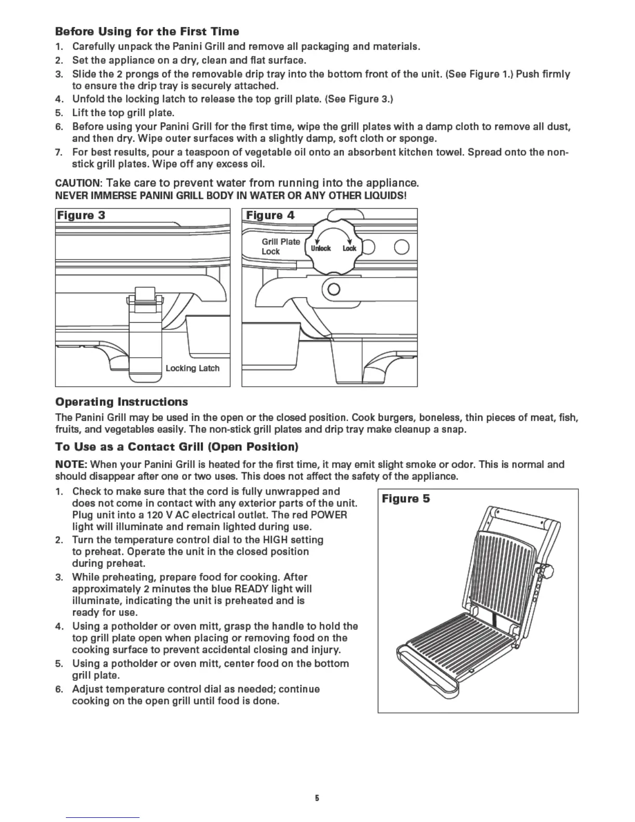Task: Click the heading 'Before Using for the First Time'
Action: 147,32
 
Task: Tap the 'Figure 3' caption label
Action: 81,215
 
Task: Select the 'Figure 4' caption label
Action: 270,215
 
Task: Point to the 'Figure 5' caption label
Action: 406,499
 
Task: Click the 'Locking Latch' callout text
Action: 192,368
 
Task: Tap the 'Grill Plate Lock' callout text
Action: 280,246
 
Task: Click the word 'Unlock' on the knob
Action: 321,249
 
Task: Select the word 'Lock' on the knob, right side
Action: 349,249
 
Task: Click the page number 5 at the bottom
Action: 317,798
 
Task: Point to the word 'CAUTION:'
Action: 78,183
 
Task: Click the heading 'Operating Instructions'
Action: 121,402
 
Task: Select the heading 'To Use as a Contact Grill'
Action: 176,447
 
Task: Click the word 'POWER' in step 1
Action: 329,515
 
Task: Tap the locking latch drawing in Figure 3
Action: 144,337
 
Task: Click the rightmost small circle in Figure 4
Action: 402,248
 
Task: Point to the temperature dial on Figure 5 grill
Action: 547,571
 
